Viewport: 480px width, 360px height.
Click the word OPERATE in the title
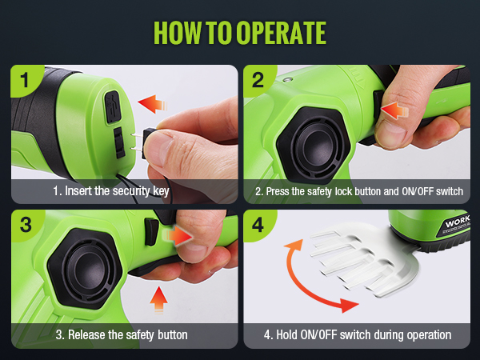click(281, 33)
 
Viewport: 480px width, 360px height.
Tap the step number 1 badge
click(25, 80)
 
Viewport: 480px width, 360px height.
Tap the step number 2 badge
click(258, 80)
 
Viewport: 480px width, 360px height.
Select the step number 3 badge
click(26, 225)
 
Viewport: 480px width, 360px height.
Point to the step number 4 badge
click(258, 225)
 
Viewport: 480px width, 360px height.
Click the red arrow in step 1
click(153, 104)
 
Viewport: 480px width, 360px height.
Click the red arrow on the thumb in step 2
click(394, 110)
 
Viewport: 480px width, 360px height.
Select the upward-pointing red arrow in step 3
click(159, 299)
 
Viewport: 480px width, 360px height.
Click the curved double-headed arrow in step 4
click(302, 288)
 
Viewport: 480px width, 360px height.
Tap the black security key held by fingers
click(148, 143)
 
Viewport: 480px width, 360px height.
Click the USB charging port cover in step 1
click(113, 107)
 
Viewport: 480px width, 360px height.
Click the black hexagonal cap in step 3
click(85, 269)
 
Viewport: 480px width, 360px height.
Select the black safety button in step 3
click(151, 232)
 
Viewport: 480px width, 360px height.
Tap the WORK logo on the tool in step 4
click(458, 221)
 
